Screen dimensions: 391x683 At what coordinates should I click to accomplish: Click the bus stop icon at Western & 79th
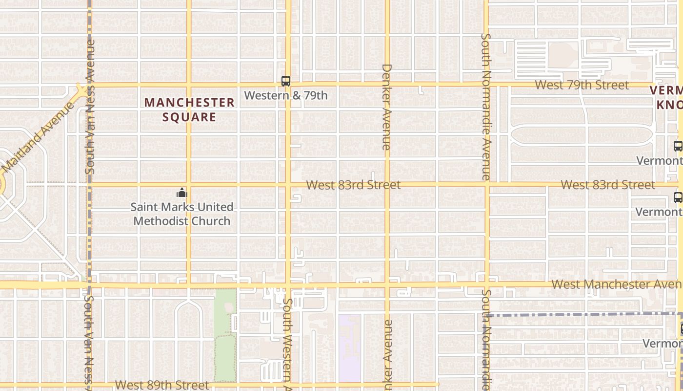286,81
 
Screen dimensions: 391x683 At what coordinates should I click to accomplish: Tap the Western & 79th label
286,95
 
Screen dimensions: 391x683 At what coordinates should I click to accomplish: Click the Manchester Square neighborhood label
190,109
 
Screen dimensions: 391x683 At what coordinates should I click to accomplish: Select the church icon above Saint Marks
182,193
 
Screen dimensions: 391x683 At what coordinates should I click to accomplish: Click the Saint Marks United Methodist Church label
182,214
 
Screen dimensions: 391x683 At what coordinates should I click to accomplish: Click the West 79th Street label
582,85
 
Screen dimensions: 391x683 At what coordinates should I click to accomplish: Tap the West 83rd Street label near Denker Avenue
353,185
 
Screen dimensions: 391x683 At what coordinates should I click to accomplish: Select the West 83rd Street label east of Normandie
607,185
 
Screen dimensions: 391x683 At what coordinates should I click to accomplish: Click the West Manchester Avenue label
616,284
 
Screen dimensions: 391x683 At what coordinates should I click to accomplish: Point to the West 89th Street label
162,385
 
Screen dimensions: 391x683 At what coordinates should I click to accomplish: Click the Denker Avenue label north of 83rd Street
386,107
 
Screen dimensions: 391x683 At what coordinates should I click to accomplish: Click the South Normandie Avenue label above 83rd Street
485,107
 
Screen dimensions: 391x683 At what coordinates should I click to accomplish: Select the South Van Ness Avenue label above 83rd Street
90,107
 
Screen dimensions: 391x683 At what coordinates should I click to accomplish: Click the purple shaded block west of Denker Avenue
350,348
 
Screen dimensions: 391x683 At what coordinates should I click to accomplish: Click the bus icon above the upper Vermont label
678,146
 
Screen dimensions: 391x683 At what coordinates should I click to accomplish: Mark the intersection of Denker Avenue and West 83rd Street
387,185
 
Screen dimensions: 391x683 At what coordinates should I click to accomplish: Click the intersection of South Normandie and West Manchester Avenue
486,284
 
